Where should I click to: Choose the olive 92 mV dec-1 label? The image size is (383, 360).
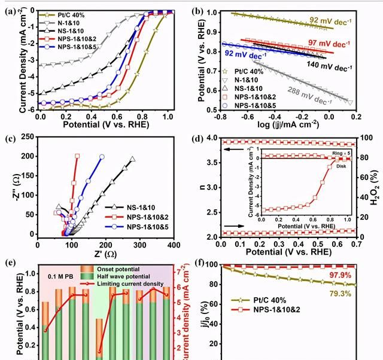333,20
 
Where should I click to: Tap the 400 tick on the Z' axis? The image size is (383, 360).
174,245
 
